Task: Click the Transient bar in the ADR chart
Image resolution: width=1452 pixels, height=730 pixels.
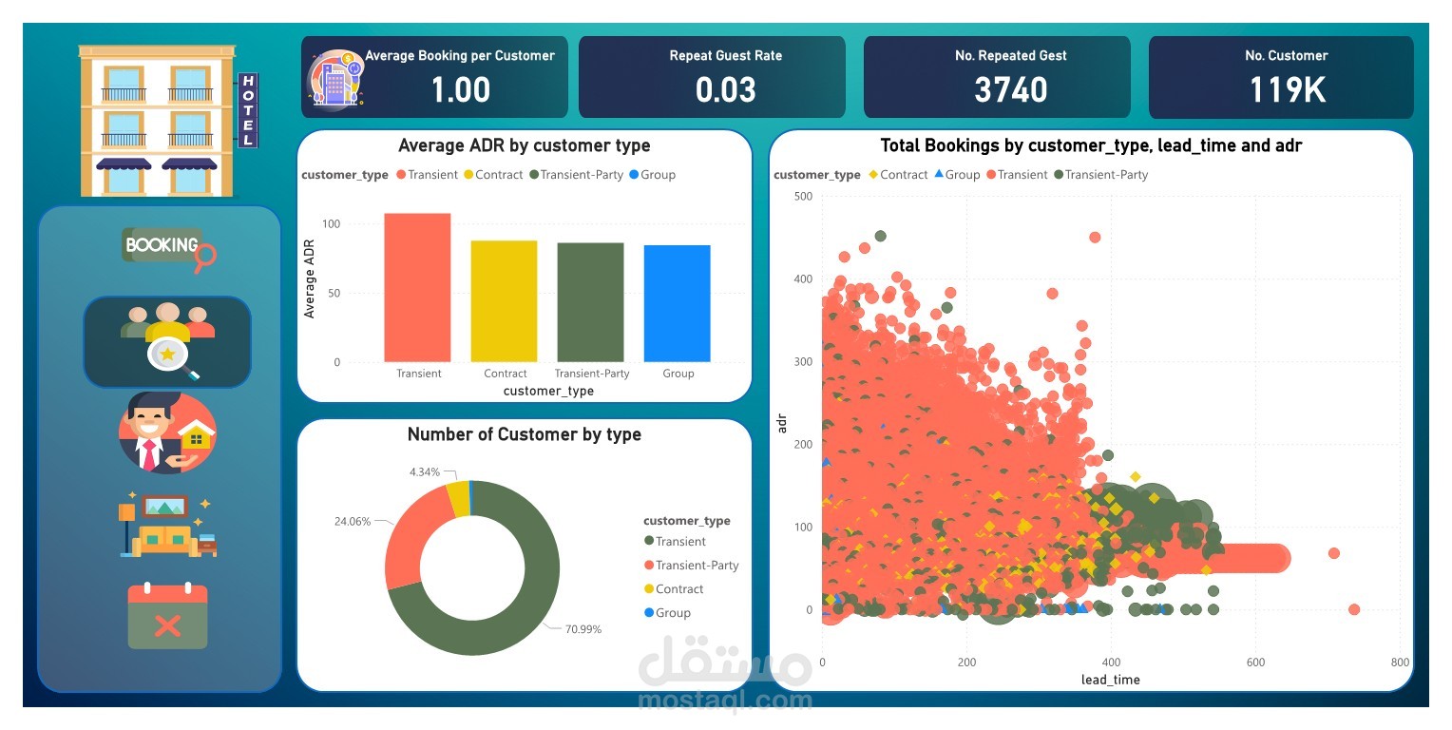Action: coord(417,287)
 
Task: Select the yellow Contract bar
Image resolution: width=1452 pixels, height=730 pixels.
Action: coord(504,300)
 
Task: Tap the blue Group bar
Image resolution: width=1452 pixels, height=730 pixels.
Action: coord(677,303)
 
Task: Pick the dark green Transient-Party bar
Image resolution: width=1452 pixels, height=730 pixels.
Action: coord(590,302)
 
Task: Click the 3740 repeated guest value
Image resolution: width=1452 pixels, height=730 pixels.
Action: coord(1011,90)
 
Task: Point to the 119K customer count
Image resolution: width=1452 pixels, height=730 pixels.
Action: coord(1287,90)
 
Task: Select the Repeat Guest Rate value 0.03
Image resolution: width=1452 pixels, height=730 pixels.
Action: coord(726,90)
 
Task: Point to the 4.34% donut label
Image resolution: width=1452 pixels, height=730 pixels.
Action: coord(425,471)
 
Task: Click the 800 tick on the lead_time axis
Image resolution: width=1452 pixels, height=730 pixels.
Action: coord(1399,663)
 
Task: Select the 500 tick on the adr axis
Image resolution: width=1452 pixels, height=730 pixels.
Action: coord(803,196)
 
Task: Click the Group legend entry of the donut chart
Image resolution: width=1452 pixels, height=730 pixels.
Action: coord(673,613)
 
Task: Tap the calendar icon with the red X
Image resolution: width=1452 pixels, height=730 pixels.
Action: coord(167,616)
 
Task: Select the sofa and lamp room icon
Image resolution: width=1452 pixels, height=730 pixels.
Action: coord(167,525)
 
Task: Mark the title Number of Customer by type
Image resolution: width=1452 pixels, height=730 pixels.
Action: coord(524,434)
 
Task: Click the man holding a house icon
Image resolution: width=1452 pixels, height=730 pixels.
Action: coord(167,432)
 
